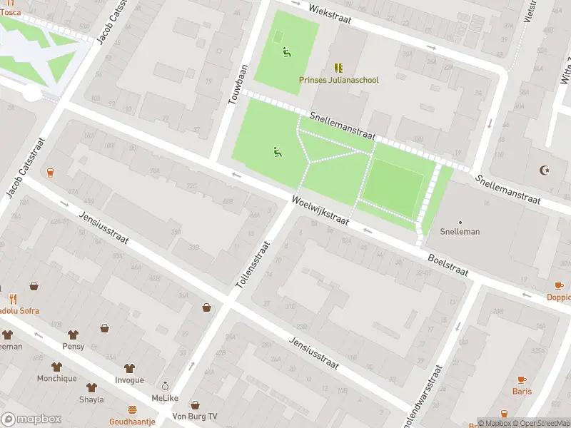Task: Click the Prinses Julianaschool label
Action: click(338, 81)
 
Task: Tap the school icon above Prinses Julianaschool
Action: click(338, 68)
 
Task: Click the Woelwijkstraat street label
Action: click(320, 211)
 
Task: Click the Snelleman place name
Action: click(460, 232)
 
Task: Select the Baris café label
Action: click(522, 391)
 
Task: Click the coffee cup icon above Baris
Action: click(522, 379)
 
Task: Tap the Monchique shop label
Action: click(57, 379)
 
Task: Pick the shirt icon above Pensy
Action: click(73, 334)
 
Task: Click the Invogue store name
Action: click(129, 380)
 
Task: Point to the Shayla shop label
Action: click(91, 399)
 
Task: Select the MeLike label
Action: click(165, 398)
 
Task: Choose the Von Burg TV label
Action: click(193, 417)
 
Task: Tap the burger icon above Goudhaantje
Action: click(132, 409)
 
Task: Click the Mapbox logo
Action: click(31, 419)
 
